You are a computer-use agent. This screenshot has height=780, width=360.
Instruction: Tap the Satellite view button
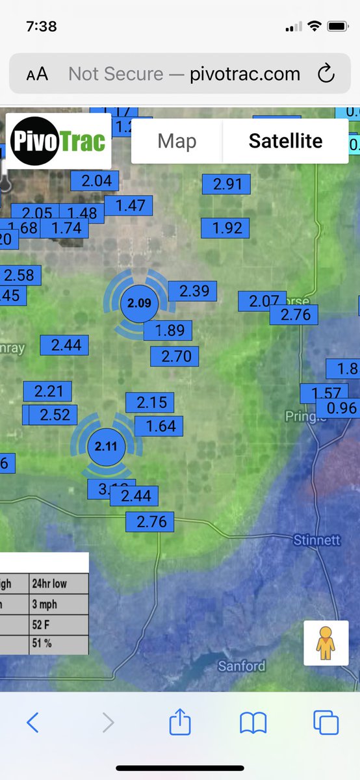coord(285,141)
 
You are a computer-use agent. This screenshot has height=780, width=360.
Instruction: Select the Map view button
coord(177,141)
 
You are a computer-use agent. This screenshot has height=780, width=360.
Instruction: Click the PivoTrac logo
coord(58,141)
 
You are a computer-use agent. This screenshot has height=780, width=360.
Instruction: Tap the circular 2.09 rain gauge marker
coord(139,303)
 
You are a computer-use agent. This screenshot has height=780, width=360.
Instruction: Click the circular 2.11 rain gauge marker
coord(106,447)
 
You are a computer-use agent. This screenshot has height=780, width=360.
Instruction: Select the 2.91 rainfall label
coord(227,184)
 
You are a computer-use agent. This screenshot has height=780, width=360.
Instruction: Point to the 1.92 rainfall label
coord(226,228)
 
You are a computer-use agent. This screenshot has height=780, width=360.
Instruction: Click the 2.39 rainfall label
coord(193,291)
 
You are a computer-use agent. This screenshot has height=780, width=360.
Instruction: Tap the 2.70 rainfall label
coord(175,356)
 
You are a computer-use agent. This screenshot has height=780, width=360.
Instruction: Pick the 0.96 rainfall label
coord(341,408)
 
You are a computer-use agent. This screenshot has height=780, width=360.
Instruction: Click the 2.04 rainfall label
coord(95,181)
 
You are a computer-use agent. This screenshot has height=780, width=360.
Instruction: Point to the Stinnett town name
coord(316,540)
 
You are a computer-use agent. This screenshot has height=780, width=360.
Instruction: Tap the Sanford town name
coord(241,666)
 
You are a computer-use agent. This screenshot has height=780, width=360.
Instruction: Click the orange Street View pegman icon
coord(326,643)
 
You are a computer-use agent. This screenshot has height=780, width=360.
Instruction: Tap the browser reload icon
coord(326,74)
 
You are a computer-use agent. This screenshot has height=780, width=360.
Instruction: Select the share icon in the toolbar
coord(180,722)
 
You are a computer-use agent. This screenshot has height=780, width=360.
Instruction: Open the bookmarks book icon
coord(253,722)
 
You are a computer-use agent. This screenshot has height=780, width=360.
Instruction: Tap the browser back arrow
coord(33,722)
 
